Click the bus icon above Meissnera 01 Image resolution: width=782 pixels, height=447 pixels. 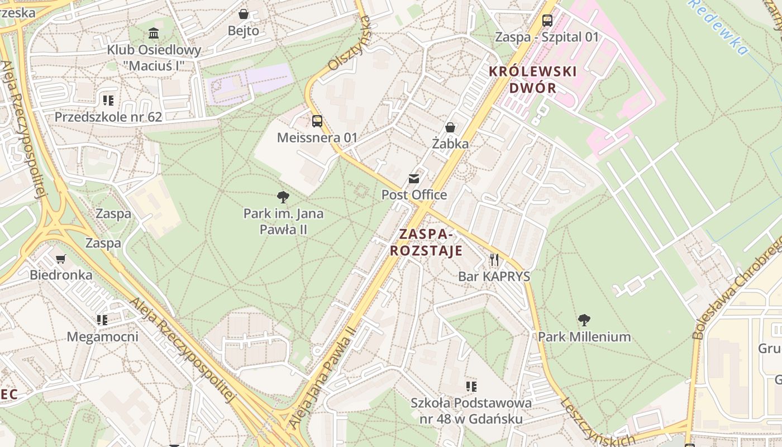(317, 121)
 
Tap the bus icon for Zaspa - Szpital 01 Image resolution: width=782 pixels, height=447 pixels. (547, 21)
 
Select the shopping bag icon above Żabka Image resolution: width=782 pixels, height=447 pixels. (450, 127)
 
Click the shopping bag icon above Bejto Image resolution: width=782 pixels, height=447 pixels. (244, 14)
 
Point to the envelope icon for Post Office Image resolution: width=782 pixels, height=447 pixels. (414, 179)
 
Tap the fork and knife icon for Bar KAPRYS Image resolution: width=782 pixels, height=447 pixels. (494, 260)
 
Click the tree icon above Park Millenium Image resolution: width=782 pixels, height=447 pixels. (584, 320)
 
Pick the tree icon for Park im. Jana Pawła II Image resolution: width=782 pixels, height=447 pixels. (283, 197)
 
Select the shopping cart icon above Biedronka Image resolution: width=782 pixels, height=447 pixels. (61, 259)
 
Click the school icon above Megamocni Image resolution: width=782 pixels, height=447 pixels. (102, 320)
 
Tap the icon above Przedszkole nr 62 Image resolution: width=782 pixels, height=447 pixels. (108, 101)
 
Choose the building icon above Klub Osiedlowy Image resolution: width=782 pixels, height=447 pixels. (154, 33)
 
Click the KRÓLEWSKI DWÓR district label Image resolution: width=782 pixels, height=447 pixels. (532, 79)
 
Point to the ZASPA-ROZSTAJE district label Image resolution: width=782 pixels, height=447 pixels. (426, 242)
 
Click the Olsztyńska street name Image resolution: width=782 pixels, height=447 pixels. (350, 44)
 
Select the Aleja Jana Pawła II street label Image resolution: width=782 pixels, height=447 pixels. (322, 378)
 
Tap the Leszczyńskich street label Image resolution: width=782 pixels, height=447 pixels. (597, 422)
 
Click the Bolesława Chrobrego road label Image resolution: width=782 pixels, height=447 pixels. (737, 288)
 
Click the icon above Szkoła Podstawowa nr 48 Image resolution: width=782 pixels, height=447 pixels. (471, 386)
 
